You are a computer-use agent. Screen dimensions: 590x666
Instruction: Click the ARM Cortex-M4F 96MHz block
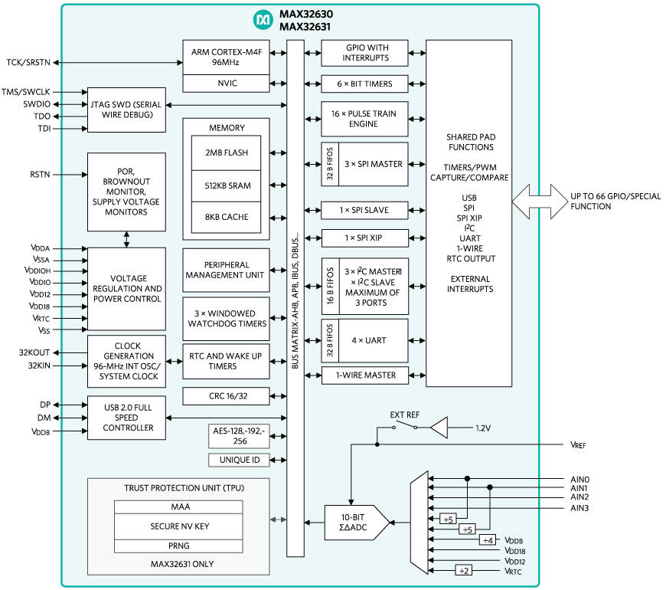click(x=226, y=56)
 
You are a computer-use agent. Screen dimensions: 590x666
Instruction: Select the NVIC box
click(x=226, y=83)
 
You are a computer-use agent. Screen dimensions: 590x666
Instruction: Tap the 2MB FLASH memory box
click(x=226, y=152)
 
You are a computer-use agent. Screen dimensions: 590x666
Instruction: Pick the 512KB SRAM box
click(x=226, y=185)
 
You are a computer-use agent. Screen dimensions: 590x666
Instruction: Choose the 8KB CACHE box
click(x=226, y=217)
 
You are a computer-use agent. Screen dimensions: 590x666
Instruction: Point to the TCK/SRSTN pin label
click(x=27, y=62)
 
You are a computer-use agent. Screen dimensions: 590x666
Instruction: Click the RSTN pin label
click(x=40, y=175)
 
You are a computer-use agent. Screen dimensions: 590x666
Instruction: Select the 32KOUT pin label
click(x=36, y=353)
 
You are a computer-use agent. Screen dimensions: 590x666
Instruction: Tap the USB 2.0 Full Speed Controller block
click(x=126, y=418)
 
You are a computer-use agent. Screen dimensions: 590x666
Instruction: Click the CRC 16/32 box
click(x=226, y=396)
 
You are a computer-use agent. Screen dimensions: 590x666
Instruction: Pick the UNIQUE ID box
click(x=239, y=460)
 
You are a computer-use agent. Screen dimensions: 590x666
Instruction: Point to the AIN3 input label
click(x=579, y=508)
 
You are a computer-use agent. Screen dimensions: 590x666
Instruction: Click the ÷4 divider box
click(x=487, y=540)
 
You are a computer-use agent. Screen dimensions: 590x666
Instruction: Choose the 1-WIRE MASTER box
click(x=364, y=375)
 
